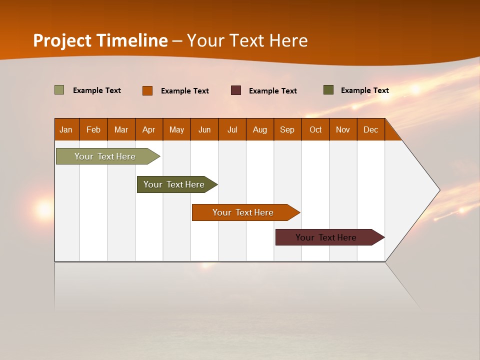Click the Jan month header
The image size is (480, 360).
point(66,129)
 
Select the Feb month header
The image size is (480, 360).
point(93,129)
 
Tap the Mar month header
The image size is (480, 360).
point(121,129)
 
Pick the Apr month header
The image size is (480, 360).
point(149,129)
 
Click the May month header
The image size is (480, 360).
point(176,129)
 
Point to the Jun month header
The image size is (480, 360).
point(204,129)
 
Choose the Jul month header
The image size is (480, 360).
point(232,129)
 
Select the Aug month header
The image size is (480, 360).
point(260,129)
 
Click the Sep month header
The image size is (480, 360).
point(287,129)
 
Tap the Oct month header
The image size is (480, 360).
point(315,129)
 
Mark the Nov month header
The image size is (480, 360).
point(343,129)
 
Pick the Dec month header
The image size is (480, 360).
point(371,129)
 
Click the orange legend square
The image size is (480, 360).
point(147,90)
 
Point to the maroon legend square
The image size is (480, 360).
point(236,90)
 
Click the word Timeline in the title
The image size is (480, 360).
point(132,40)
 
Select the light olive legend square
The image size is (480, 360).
point(59,90)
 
